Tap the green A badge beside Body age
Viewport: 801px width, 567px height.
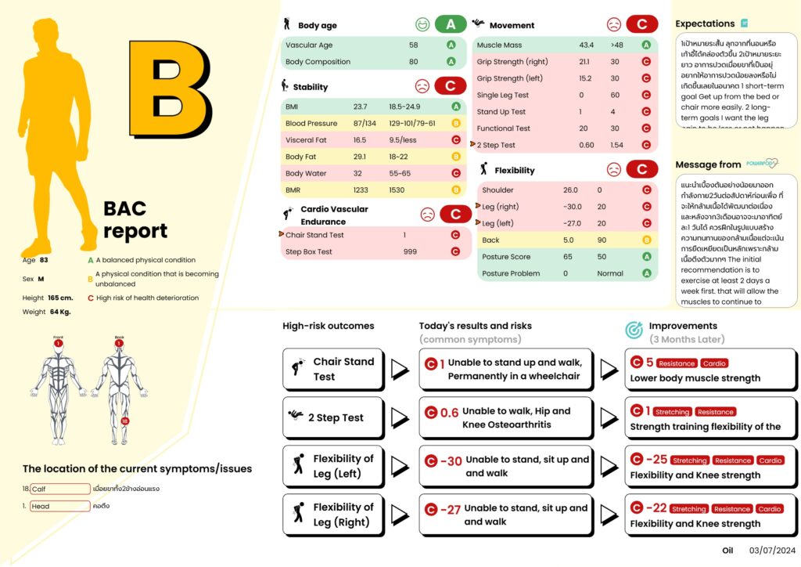[451, 25]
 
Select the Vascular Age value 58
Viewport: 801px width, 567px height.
[413, 45]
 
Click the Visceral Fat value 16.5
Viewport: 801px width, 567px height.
[360, 140]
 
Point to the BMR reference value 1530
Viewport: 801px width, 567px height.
[398, 190]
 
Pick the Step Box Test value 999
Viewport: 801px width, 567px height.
[411, 251]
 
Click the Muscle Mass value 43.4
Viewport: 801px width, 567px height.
[587, 45]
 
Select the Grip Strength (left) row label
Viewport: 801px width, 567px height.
[510, 78]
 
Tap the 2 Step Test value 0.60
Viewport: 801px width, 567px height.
[587, 145]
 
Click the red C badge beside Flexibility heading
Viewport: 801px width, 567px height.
[642, 170]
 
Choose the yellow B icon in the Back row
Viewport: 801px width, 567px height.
[646, 240]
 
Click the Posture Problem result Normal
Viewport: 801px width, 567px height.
[610, 273]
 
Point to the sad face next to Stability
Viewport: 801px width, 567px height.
[422, 86]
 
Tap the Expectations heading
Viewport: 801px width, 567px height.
[705, 23]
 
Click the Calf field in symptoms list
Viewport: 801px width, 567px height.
[60, 489]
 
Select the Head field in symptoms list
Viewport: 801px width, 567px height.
[60, 506]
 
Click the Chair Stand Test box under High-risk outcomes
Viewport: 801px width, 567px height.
[333, 369]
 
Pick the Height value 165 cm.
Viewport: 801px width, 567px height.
[60, 298]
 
